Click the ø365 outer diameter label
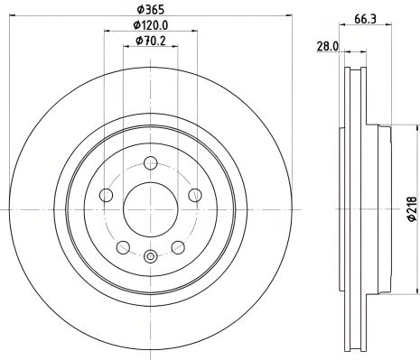click(x=149, y=11)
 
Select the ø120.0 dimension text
click(x=150, y=25)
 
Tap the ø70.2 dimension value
click(x=150, y=40)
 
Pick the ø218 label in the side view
click(x=407, y=208)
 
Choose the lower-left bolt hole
click(x=120, y=246)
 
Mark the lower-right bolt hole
click(x=177, y=246)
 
